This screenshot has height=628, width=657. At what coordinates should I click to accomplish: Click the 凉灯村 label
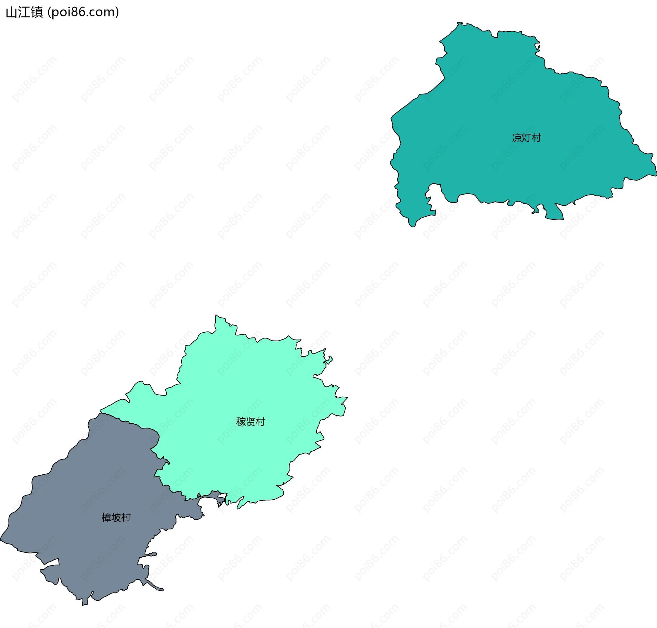coord(526,138)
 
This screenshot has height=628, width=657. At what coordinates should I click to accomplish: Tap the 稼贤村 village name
coord(250,422)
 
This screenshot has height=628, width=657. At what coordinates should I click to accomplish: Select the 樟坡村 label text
coord(116,517)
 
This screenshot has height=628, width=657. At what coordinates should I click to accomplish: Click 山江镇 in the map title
coord(24,12)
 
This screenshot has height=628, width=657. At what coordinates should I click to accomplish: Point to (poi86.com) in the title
coord(83,12)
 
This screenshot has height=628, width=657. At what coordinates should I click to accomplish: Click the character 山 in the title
coord(12,13)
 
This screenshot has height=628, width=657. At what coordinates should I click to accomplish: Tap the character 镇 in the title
coord(37,12)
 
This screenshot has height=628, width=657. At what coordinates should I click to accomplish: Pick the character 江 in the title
coord(24,12)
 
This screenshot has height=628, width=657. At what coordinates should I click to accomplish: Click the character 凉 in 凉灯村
coord(517,138)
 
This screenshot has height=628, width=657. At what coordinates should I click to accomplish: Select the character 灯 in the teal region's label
coord(526,138)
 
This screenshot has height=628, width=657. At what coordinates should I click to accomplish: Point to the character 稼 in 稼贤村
coord(241,422)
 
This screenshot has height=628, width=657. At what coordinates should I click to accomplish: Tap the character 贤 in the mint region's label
coord(250,422)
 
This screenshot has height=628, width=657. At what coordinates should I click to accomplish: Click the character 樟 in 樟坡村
coord(106,517)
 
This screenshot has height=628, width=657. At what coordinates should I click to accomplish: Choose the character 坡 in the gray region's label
coord(116,517)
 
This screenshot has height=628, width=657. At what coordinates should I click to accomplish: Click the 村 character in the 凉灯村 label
coord(536,138)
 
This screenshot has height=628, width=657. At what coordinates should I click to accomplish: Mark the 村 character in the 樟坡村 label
coord(126,517)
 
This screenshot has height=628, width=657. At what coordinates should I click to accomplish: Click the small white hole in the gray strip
coord(222,496)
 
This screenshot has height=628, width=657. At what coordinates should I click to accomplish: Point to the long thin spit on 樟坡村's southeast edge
coord(156,587)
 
